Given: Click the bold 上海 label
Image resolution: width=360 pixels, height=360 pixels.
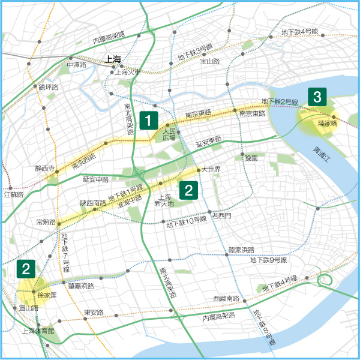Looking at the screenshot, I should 113,59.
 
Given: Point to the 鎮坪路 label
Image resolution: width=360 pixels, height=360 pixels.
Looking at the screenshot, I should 48,88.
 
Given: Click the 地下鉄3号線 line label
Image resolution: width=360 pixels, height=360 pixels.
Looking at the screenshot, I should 195,51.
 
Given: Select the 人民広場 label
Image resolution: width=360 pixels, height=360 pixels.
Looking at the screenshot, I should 170,134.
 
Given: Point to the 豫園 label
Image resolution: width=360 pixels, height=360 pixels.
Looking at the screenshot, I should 251,158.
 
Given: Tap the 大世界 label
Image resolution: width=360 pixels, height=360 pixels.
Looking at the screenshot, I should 212,170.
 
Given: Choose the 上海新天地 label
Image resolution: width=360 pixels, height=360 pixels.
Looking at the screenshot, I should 164,200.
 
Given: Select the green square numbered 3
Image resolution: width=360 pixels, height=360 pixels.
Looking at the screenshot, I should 317,96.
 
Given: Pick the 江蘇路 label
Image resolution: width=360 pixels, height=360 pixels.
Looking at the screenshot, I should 13,194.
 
